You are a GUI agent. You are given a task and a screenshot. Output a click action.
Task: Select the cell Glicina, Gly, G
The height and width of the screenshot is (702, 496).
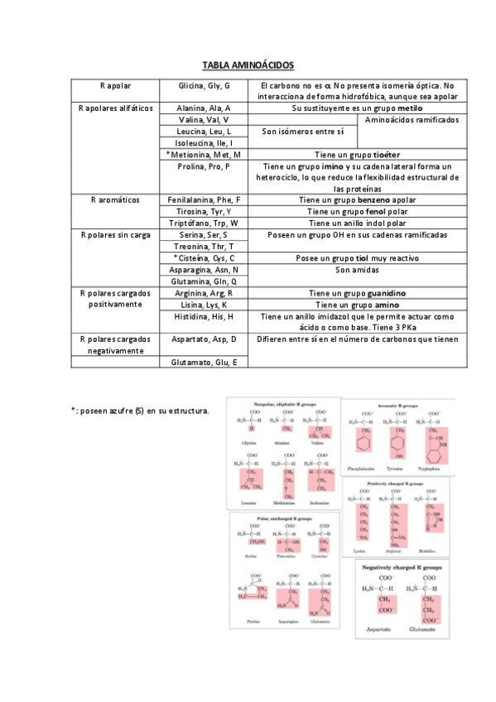coord(204,86)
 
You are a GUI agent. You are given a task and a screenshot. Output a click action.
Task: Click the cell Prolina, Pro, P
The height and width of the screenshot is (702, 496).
coord(204,166)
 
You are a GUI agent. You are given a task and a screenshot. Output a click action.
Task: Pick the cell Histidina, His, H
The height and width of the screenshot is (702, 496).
coord(204,316)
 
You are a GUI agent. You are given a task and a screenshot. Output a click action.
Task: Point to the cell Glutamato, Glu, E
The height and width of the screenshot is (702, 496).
coord(204,362)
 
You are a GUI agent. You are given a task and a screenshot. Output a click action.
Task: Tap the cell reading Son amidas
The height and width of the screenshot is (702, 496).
coord(355,269)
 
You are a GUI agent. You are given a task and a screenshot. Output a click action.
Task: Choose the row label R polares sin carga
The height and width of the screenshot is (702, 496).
coord(116,234)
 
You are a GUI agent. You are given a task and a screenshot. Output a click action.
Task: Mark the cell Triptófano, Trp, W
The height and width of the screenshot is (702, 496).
coord(204,223)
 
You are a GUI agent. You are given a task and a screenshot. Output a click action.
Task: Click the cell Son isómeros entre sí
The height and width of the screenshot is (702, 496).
coord(302,131)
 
